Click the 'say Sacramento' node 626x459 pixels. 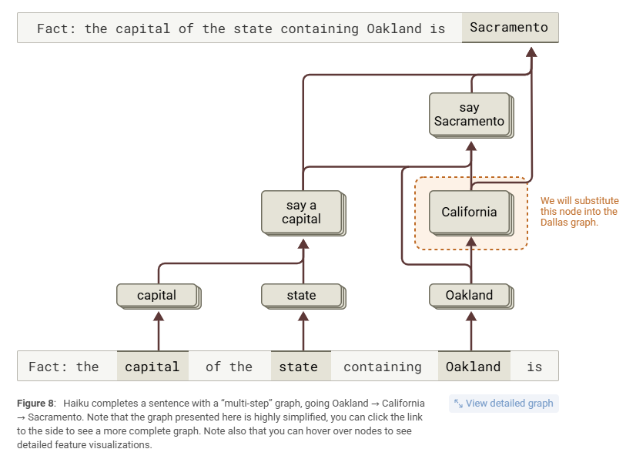[x=469, y=114]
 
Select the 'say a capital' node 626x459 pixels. [x=301, y=212]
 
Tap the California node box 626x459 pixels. [x=469, y=212]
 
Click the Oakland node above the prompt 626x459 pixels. [x=469, y=295]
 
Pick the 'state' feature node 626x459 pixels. [x=301, y=295]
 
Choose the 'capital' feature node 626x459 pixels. [x=156, y=295]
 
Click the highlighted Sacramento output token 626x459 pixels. [x=509, y=28]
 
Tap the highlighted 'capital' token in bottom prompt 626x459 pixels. [x=152, y=367]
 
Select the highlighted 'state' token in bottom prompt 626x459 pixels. [x=299, y=367]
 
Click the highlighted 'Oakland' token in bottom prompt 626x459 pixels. [x=473, y=367]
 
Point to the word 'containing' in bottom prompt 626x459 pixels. [x=382, y=367]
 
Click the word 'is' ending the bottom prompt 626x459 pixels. [x=534, y=367]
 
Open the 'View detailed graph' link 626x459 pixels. [x=504, y=403]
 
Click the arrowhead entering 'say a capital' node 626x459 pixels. [x=303, y=244]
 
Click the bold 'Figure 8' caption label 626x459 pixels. [x=37, y=404]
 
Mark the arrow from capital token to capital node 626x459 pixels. [x=159, y=331]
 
